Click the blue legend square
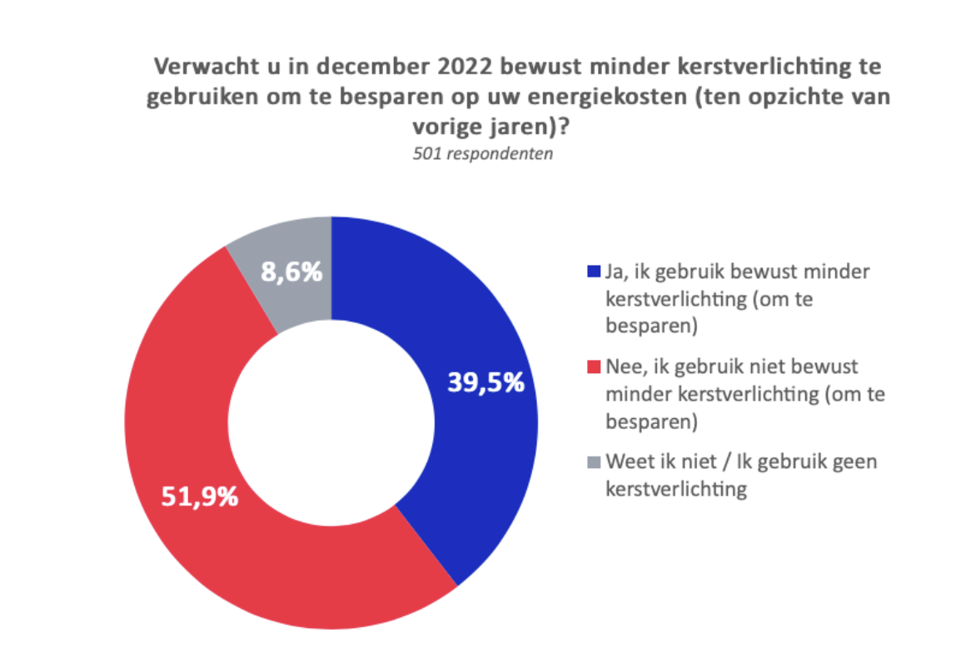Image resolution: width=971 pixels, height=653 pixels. click(x=594, y=272)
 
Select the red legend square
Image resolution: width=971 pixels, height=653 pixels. click(x=594, y=367)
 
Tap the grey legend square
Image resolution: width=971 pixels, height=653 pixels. click(x=594, y=462)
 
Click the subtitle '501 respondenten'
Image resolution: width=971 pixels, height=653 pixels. click(x=483, y=154)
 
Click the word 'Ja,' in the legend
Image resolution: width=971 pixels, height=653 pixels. click(x=618, y=272)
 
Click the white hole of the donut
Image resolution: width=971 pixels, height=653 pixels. click(x=331, y=421)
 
